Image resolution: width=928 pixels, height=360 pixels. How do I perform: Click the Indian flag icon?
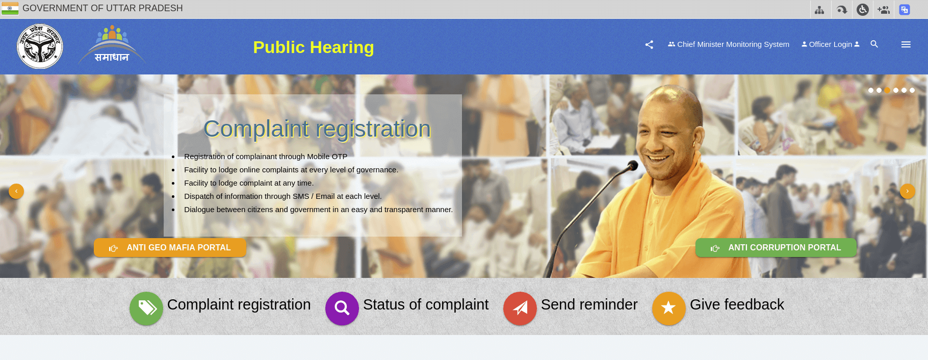point(10,8)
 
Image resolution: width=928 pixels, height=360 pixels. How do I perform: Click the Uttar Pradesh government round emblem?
point(40,46)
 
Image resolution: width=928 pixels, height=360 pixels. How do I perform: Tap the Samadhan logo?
point(112,45)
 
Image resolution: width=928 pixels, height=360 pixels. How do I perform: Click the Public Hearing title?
point(314,47)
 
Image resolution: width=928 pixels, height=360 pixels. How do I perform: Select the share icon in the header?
point(649,44)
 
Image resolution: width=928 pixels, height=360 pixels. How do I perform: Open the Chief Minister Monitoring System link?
point(729,44)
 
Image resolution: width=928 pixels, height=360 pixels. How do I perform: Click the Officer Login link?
point(831,44)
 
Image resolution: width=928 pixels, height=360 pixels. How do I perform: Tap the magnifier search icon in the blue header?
point(874,44)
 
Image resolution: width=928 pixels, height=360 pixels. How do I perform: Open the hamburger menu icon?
point(906,44)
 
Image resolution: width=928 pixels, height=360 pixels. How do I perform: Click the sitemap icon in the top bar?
point(819,10)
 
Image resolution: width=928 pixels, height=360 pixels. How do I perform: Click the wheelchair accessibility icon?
point(863,10)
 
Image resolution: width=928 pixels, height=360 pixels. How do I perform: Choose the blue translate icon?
point(905,10)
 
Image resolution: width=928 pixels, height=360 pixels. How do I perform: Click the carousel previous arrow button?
point(16,191)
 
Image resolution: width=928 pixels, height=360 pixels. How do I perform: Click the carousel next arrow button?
point(908,191)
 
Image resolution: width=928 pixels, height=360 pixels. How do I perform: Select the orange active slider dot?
point(887,90)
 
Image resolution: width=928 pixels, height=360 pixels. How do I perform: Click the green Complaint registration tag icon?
point(146,308)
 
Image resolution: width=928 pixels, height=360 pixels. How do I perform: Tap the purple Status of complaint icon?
point(342,308)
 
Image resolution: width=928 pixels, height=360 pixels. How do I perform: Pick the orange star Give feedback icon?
point(669,308)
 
